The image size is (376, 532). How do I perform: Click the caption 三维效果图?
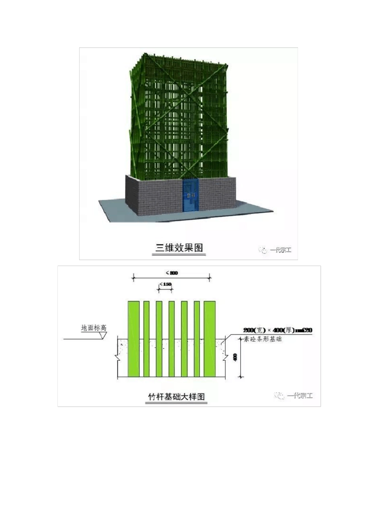click(179, 248)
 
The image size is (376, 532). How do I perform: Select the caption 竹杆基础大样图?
click(177, 397)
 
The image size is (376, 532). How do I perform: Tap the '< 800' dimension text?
click(171, 273)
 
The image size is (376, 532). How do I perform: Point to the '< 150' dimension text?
click(165, 284)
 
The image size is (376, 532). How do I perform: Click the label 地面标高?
click(94, 328)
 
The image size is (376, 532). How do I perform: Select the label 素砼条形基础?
click(262, 339)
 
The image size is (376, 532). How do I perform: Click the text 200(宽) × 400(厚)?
click(269, 331)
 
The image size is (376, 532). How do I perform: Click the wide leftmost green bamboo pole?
click(134, 339)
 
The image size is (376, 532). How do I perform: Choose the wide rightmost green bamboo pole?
click(209, 339)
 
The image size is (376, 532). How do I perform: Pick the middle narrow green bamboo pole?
click(171, 339)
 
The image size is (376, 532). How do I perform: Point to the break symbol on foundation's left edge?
click(118, 358)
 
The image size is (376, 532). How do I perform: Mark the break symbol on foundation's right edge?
click(226, 358)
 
